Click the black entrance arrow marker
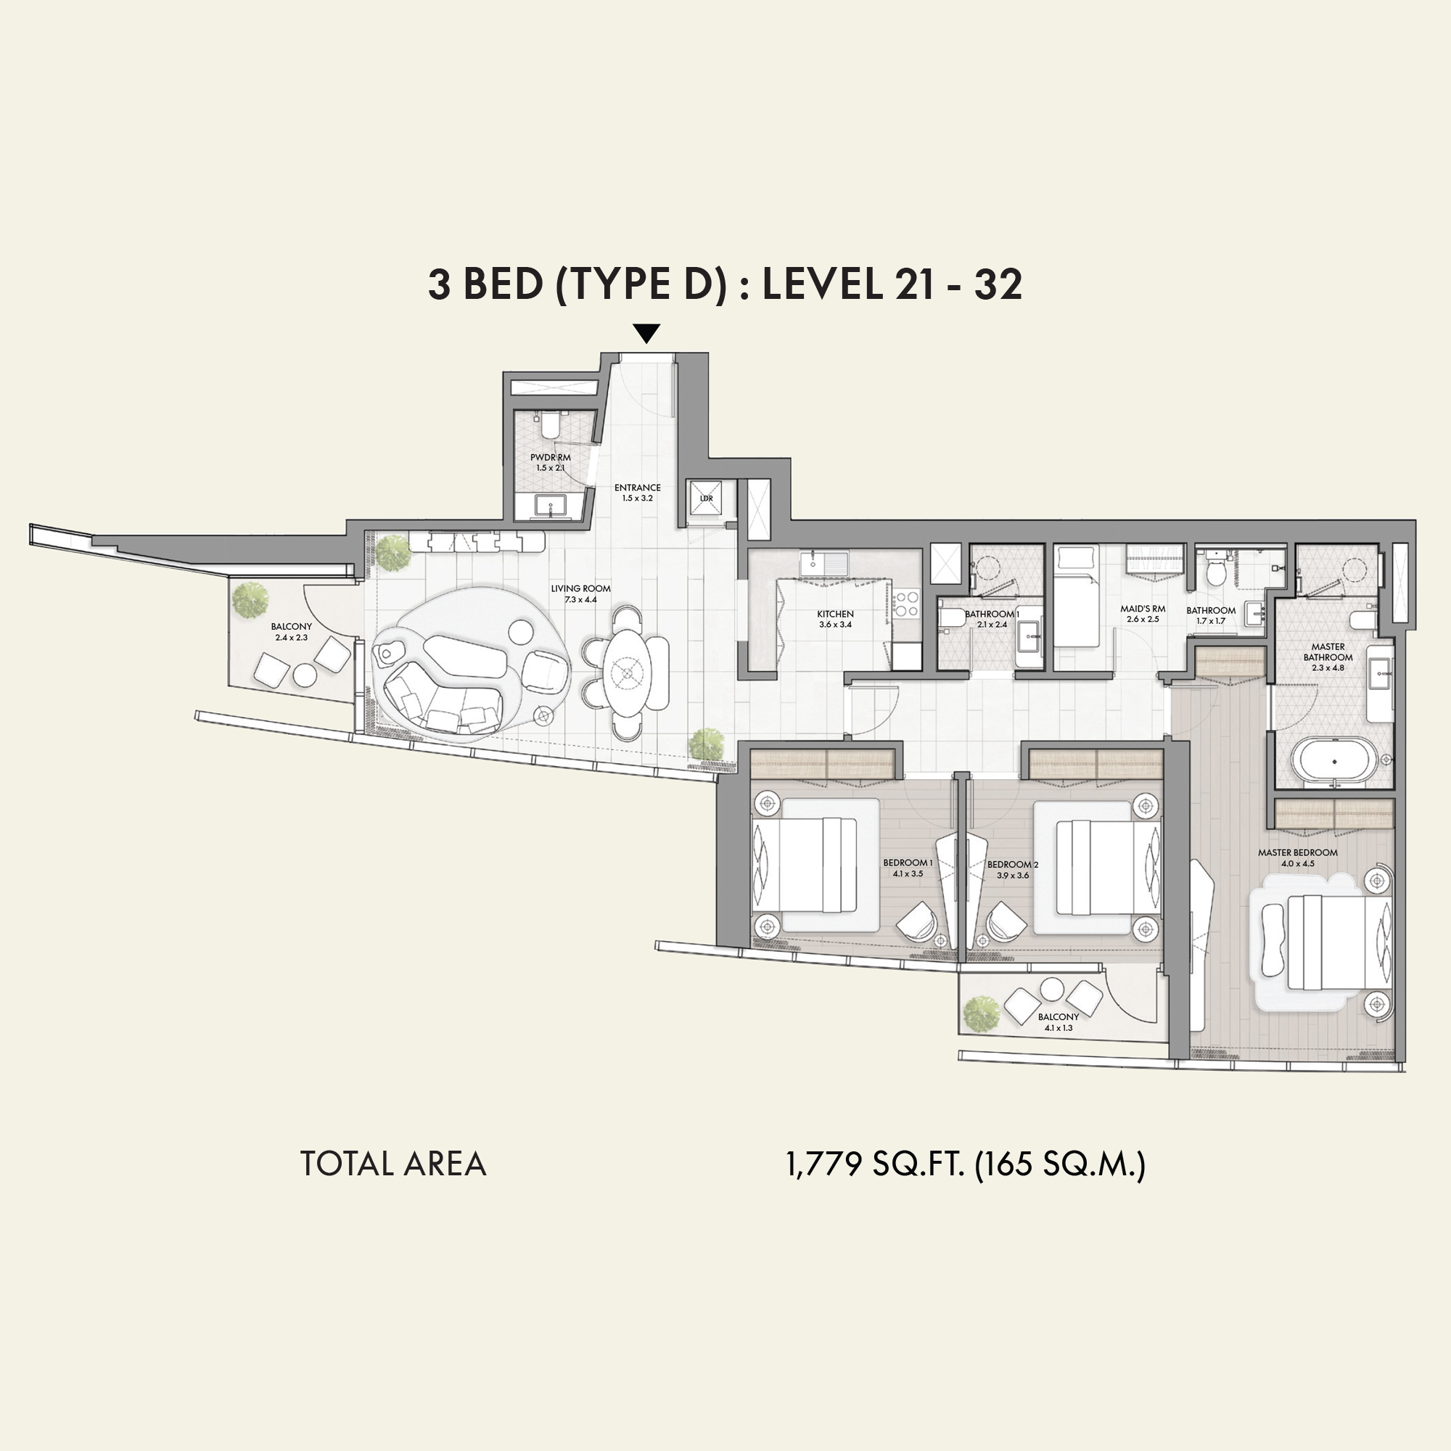click(646, 334)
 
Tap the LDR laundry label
click(707, 498)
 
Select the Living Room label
click(580, 589)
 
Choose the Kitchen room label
click(835, 614)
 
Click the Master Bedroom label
click(1298, 852)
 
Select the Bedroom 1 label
click(908, 863)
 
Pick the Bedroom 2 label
click(1013, 865)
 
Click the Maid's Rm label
click(1143, 609)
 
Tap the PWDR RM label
click(551, 457)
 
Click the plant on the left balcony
click(250, 600)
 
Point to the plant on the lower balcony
click(982, 1013)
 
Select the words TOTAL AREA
click(392, 1164)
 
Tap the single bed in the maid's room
click(1075, 596)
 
